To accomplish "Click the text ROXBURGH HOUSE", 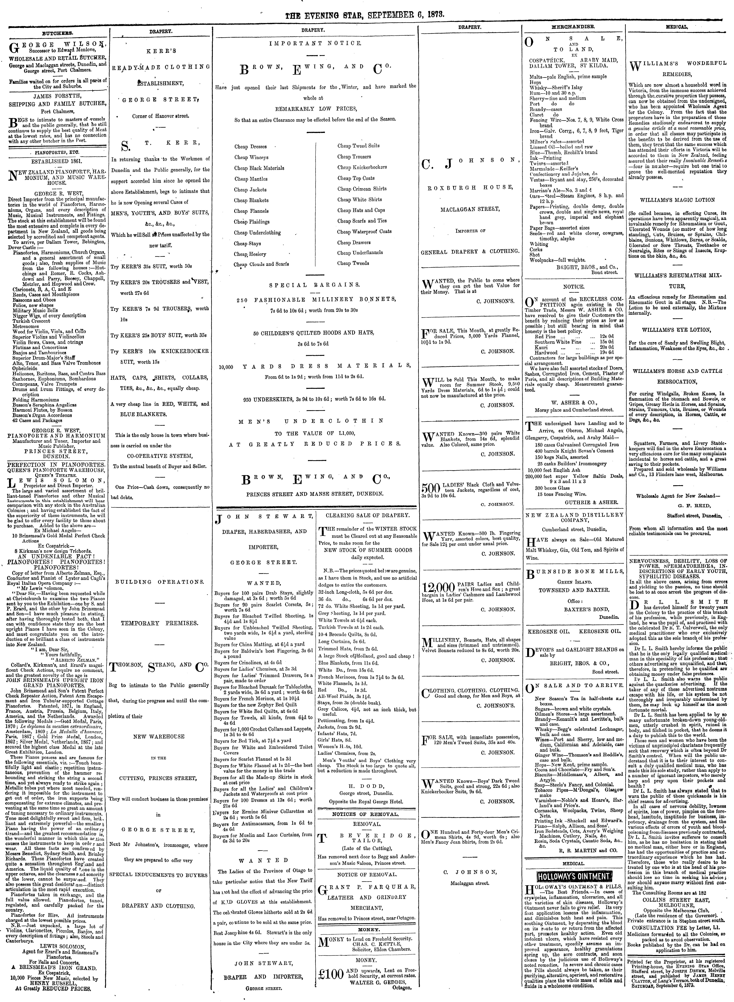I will [470, 187].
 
